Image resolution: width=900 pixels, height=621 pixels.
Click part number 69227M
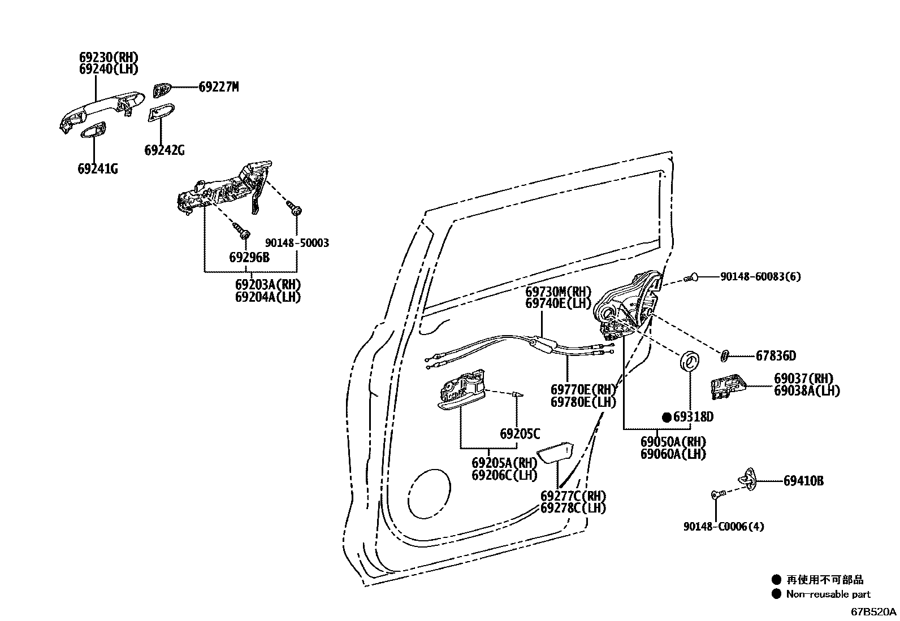pyautogui.click(x=218, y=87)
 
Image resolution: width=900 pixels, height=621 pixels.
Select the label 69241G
pyautogui.click(x=98, y=169)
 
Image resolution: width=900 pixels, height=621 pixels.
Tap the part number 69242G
pyautogui.click(x=164, y=150)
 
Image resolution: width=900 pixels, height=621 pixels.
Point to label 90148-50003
pyautogui.click(x=297, y=243)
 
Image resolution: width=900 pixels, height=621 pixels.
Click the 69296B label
pyautogui.click(x=249, y=258)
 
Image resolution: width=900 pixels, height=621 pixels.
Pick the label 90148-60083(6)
pyautogui.click(x=760, y=277)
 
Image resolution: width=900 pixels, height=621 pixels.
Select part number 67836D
pyautogui.click(x=776, y=356)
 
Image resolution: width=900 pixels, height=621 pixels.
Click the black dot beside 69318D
pyautogui.click(x=667, y=418)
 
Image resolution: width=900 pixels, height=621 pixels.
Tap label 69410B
pyautogui.click(x=803, y=481)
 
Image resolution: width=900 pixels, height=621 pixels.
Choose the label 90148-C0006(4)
pyautogui.click(x=723, y=527)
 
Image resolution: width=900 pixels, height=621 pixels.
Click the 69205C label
pyautogui.click(x=520, y=434)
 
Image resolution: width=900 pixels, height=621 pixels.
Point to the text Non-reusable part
pyautogui.click(x=828, y=594)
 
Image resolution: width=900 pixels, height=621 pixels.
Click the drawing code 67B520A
pyautogui.click(x=874, y=612)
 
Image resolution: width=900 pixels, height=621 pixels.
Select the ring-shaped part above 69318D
pyautogui.click(x=690, y=361)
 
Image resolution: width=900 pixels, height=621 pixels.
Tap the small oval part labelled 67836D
pyautogui.click(x=725, y=355)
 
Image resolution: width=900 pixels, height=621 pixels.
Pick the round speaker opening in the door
pyautogui.click(x=429, y=493)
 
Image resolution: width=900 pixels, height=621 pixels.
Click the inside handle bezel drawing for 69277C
pyautogui.click(x=555, y=452)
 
